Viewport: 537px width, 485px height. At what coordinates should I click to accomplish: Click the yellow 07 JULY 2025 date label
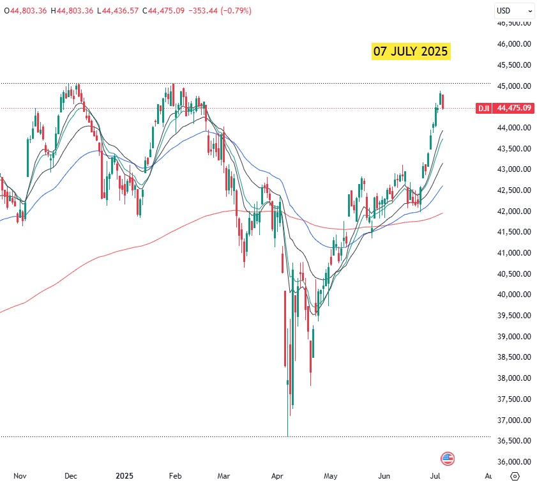point(411,52)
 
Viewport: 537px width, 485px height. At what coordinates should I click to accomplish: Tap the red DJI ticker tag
point(484,108)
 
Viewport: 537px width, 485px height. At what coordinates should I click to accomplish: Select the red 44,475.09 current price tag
point(513,108)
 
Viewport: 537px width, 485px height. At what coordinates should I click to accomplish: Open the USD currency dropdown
point(514,10)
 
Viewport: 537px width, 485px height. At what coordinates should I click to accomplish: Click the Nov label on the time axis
point(20,476)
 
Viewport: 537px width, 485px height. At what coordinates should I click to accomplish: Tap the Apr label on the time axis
point(277,476)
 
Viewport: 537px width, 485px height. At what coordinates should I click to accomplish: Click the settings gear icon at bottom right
point(515,476)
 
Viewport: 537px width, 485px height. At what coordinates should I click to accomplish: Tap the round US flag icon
point(448,458)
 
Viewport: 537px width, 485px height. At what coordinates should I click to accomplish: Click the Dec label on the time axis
point(71,476)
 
